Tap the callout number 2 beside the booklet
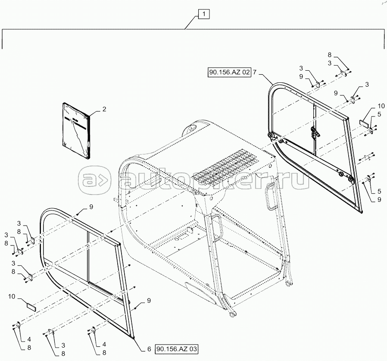pyautogui.click(x=104, y=110)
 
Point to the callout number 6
pyautogui.click(x=149, y=348)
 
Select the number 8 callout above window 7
pyautogui.click(x=330, y=55)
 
